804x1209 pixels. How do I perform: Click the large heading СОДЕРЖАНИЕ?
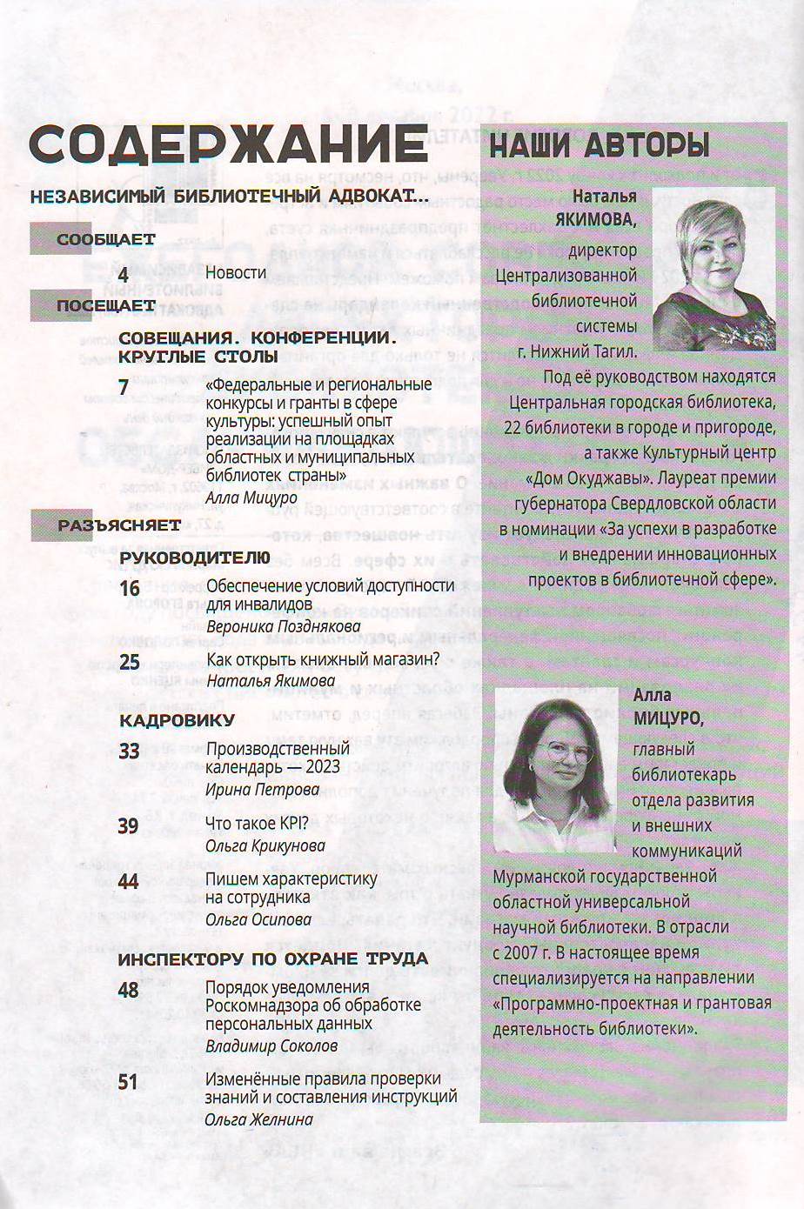click(228, 144)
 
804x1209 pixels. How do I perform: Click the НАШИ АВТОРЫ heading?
click(601, 144)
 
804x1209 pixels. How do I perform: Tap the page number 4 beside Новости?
click(124, 274)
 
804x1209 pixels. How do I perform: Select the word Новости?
click(236, 272)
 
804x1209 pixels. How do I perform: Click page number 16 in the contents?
click(129, 589)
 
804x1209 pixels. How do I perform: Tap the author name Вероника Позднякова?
click(283, 626)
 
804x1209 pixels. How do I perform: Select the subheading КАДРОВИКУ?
click(177, 720)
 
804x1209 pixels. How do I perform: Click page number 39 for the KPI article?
click(129, 825)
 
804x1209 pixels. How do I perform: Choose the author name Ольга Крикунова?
click(265, 845)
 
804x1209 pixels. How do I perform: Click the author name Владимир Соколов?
click(271, 1045)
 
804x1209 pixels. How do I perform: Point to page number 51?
click(129, 1081)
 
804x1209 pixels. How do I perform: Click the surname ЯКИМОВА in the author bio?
click(595, 222)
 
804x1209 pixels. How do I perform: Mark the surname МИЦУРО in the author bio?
click(667, 720)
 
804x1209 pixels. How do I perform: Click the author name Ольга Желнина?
click(258, 1119)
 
